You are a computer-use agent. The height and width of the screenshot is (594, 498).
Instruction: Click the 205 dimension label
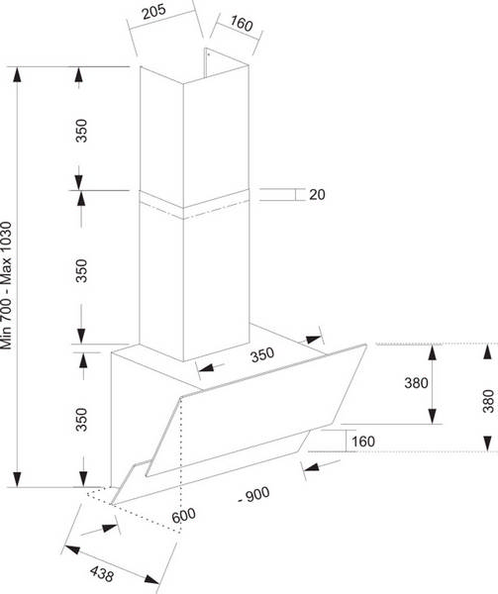click(154, 11)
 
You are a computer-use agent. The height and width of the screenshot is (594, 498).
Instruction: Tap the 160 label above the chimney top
click(242, 24)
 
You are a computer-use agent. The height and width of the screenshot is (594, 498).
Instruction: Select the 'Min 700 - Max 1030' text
click(7, 286)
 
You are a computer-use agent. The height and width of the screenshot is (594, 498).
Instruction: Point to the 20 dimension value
click(317, 194)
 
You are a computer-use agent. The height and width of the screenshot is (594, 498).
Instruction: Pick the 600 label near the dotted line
click(184, 515)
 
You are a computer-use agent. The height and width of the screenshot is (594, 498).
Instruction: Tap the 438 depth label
click(102, 573)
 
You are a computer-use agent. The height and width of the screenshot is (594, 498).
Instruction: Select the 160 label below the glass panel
click(363, 442)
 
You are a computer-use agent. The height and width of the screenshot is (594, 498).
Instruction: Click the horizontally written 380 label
click(416, 382)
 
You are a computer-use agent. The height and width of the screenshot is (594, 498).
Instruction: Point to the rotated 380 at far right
click(488, 401)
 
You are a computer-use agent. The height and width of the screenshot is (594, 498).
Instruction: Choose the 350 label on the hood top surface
click(262, 355)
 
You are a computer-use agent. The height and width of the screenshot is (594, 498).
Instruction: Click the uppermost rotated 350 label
click(81, 131)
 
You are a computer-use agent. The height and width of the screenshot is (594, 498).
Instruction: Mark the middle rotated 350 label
click(81, 270)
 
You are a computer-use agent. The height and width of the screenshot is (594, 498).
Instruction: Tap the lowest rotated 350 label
click(81, 420)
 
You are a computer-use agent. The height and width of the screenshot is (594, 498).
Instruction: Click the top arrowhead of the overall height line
click(17, 75)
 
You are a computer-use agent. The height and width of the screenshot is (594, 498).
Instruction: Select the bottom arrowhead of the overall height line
click(17, 479)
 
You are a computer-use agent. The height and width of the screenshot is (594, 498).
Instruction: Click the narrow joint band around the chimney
click(194, 204)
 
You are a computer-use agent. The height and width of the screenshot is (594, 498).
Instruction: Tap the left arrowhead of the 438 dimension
click(72, 549)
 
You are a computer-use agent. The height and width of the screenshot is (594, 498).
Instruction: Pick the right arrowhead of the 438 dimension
click(151, 579)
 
